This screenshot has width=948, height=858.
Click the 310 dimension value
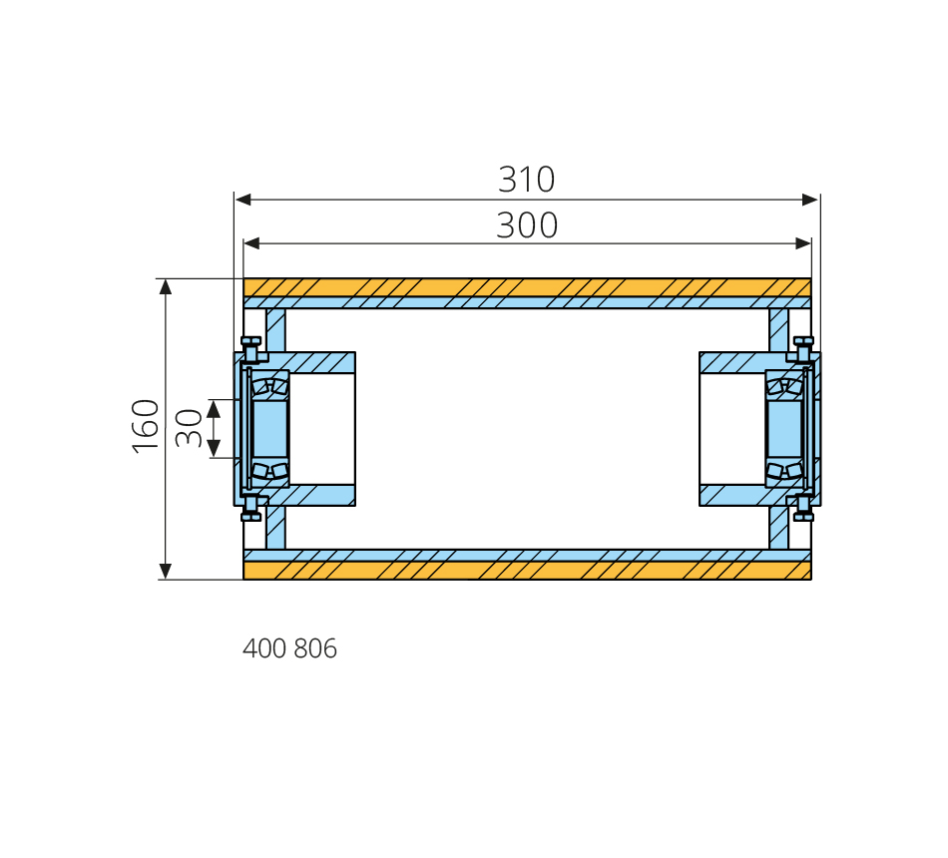(526, 179)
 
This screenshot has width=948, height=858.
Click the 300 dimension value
(527, 224)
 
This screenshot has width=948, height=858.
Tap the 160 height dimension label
(146, 426)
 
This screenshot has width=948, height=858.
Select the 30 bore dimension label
(189, 428)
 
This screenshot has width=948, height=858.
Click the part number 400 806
(289, 648)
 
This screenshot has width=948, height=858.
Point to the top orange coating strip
(527, 287)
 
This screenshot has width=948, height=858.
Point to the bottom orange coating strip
(527, 571)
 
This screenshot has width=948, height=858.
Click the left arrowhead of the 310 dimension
(243, 200)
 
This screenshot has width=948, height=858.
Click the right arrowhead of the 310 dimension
(810, 200)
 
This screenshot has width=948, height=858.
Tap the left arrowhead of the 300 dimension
(251, 243)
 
